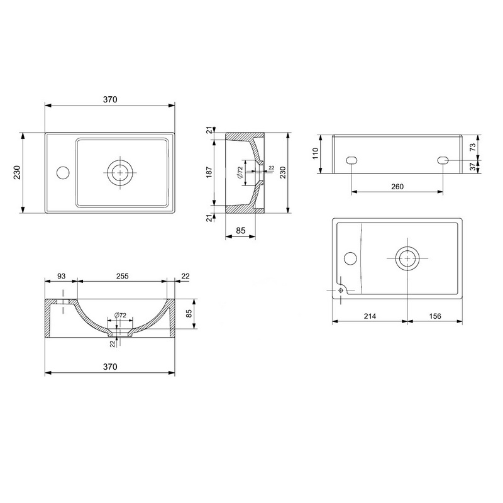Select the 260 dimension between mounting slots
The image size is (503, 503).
397,186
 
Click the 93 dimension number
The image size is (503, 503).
62,276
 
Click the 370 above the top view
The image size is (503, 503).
111,99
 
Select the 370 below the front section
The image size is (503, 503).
111,366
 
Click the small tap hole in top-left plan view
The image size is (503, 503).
62,171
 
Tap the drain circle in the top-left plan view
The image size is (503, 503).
119,171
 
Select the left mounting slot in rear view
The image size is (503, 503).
351,160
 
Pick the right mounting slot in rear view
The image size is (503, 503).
443,160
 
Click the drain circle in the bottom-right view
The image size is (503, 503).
407,258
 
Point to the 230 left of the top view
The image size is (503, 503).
17,172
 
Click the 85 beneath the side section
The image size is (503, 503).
241,231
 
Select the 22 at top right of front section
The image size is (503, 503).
185,276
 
